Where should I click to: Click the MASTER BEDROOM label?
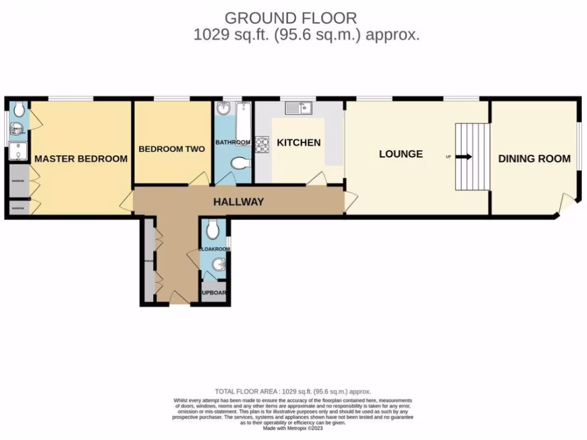81,159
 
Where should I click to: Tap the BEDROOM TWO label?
172,149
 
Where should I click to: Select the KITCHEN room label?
299,142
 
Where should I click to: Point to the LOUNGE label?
401,154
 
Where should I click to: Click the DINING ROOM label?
534,159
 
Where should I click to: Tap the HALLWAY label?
238,202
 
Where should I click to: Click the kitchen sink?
298,107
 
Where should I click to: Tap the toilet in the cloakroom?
213,230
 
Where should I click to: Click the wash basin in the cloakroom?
218,265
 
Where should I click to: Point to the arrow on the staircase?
464,156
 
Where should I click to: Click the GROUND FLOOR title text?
290,18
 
